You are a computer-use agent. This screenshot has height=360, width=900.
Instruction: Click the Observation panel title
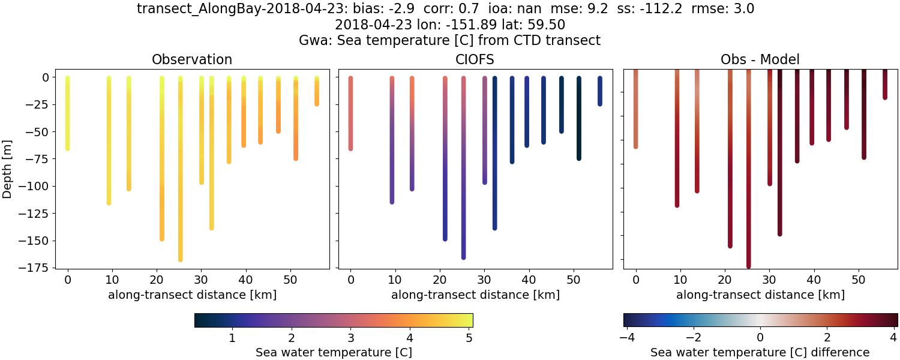191,59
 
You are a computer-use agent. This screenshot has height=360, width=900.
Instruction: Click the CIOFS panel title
475,59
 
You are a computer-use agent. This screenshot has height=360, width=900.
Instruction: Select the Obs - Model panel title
760,59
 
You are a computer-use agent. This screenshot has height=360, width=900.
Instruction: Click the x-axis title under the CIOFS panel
475,295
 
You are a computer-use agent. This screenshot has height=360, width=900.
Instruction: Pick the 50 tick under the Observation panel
290,279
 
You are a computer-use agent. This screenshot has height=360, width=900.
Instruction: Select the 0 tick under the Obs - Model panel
635,279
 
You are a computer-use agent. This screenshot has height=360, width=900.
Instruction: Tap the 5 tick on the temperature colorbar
469,337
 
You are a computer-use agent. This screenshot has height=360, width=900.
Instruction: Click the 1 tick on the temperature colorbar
232,337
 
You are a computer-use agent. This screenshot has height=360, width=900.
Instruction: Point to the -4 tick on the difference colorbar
626,337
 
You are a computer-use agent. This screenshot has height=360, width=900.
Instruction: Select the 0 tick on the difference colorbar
760,337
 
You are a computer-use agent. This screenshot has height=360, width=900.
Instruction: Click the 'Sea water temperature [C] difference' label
760,352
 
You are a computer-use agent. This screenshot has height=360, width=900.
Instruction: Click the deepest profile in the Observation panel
180,180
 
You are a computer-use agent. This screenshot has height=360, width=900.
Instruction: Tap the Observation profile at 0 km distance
67,114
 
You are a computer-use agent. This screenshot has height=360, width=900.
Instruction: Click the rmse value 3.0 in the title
742,9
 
